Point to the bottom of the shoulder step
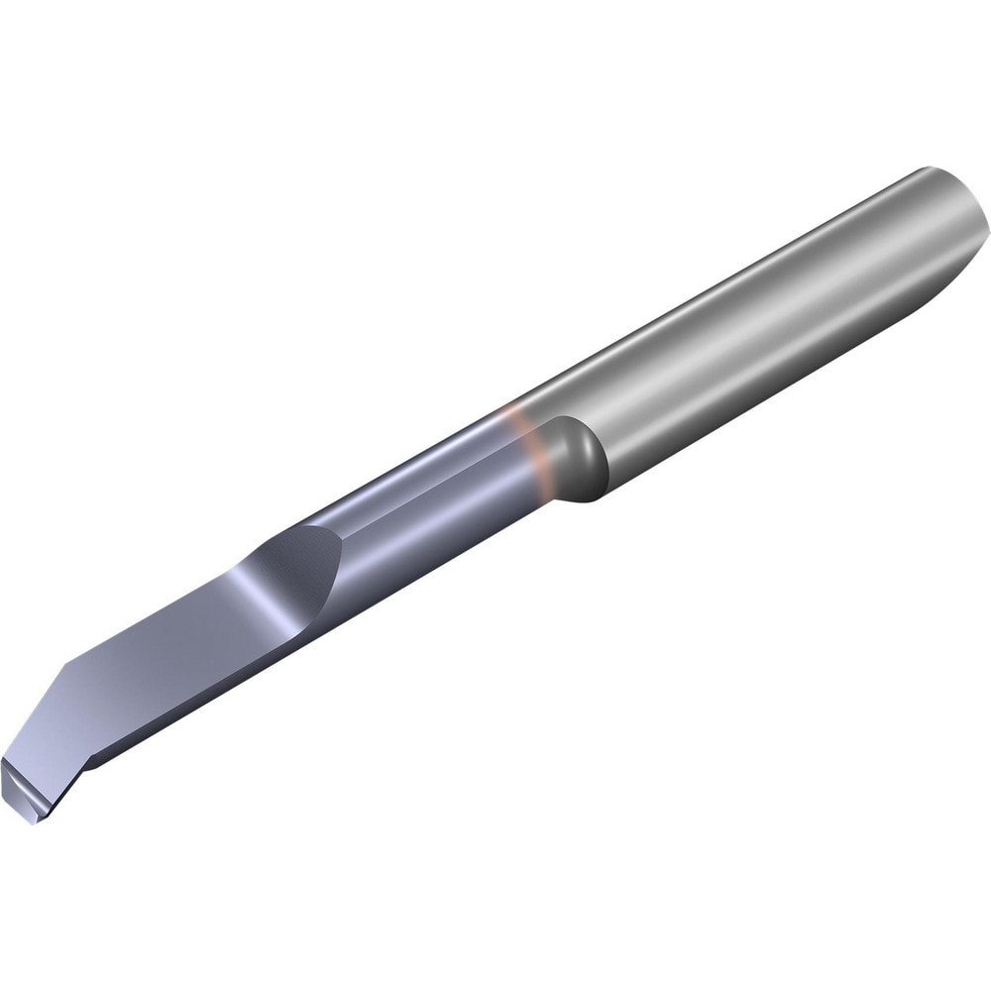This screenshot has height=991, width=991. pyautogui.click(x=590, y=495)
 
